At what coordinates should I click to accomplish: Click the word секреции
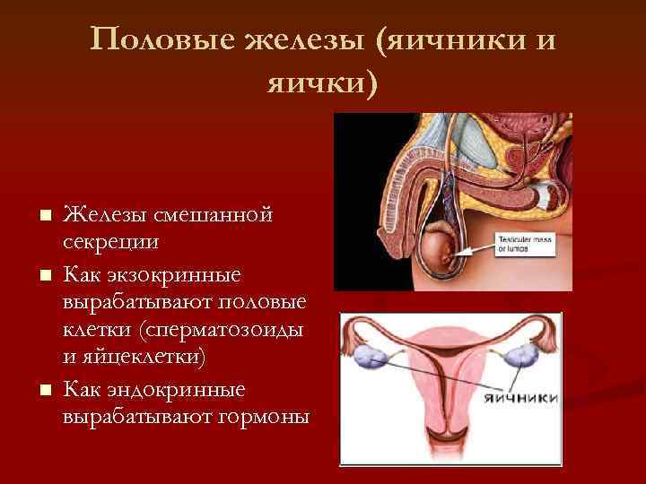(111, 243)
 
